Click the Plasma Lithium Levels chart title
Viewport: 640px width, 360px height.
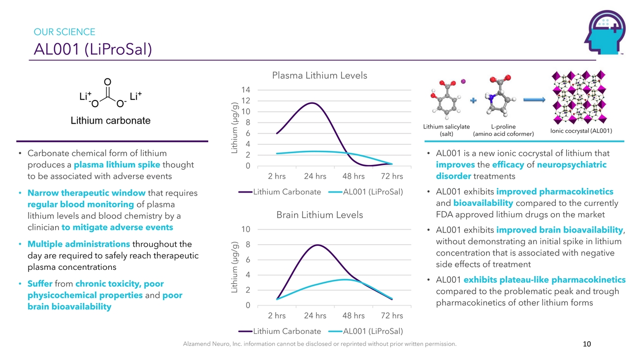[320, 75]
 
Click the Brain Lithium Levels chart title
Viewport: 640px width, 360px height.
[320, 215]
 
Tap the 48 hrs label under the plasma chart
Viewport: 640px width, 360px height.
[353, 176]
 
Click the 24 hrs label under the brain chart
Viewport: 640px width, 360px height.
[315, 315]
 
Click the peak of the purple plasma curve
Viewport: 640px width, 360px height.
[312, 103]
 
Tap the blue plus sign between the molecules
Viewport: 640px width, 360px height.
[474, 101]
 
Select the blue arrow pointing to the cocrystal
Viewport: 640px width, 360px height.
[534, 100]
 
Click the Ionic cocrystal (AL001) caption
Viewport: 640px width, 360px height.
[581, 131]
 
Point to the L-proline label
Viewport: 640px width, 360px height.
[503, 127]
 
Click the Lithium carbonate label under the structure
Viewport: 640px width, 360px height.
[111, 121]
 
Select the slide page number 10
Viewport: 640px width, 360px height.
[586, 344]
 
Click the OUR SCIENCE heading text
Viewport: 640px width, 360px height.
[64, 32]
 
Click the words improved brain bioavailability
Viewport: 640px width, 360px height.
[559, 229]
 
